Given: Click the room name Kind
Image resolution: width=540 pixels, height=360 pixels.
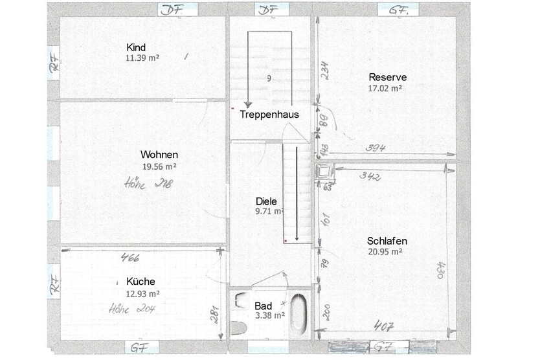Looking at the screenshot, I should [136, 47].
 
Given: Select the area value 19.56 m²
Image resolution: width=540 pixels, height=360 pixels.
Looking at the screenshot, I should [159, 166].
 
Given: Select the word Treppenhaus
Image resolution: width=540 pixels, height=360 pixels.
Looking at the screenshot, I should [269, 114].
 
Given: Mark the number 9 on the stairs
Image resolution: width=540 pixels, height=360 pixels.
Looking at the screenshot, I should [268, 78].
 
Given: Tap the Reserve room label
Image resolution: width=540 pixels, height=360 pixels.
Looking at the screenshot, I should [387, 77].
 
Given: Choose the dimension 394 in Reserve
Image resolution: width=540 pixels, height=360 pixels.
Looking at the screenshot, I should [376, 148].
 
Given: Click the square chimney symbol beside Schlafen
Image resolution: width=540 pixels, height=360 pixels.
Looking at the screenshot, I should [321, 172].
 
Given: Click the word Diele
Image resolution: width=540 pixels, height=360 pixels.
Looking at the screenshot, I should [266, 201].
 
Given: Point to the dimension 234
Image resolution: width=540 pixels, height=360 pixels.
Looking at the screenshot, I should [326, 70].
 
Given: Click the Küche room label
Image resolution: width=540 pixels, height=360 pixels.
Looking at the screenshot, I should [141, 282].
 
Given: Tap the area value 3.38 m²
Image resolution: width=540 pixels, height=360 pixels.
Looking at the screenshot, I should [269, 316].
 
